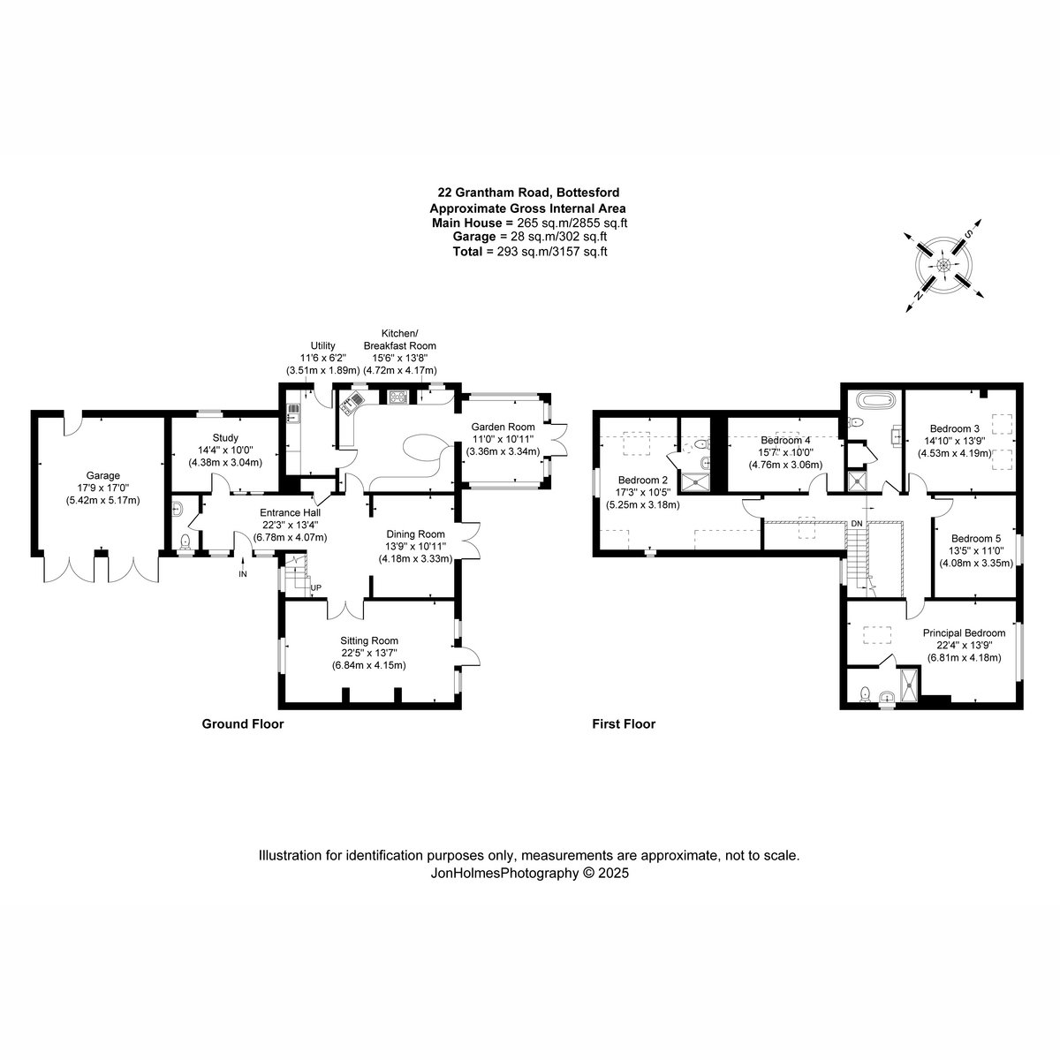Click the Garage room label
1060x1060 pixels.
click(x=102, y=475)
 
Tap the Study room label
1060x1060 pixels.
click(x=225, y=438)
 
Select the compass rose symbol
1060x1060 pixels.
click(x=943, y=266)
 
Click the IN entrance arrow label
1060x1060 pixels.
click(x=243, y=574)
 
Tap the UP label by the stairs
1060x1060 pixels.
click(x=315, y=587)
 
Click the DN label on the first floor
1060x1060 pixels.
click(x=857, y=523)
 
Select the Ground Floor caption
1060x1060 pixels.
click(x=243, y=724)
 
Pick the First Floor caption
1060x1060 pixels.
click(x=624, y=724)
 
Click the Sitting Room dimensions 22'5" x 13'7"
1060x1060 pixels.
click(x=368, y=653)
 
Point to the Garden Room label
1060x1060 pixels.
click(x=503, y=427)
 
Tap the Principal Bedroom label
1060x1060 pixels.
click(x=964, y=633)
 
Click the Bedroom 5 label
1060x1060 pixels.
click(x=976, y=539)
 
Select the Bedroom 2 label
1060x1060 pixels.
click(x=642, y=481)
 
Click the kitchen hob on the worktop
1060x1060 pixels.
click(x=397, y=397)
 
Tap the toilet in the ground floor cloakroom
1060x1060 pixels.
click(x=185, y=541)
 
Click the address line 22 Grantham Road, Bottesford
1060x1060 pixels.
click(x=528, y=193)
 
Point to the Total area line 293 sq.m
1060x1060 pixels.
click(x=530, y=252)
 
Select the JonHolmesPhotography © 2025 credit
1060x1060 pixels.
click(x=529, y=874)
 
